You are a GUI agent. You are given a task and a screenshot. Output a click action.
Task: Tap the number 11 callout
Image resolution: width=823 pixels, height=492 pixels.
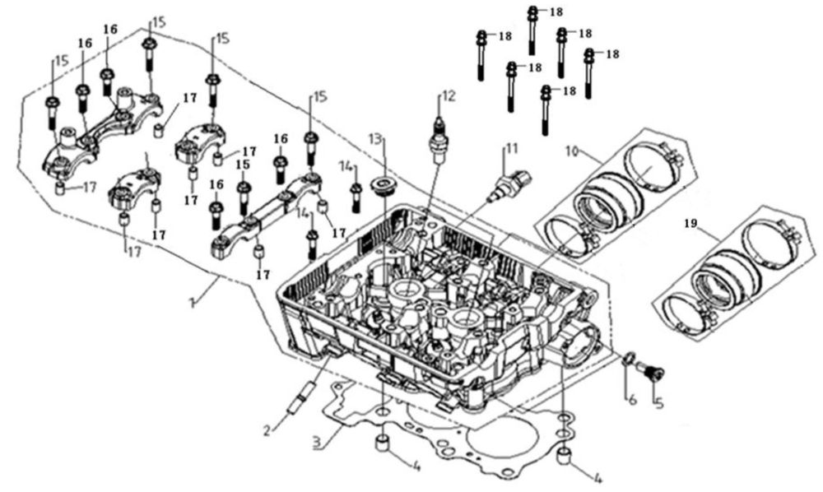512,149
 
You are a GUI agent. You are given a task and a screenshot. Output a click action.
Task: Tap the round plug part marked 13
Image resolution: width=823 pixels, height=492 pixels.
383,184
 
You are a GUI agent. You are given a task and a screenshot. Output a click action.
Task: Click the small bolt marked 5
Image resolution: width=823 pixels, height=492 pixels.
655,373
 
